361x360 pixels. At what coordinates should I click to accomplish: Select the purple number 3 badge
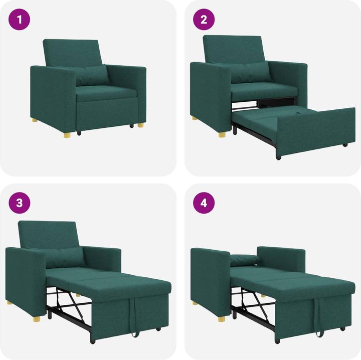click(20, 203)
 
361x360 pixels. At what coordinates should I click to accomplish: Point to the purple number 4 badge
click(204, 203)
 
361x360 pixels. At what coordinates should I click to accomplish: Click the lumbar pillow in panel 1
click(92, 75)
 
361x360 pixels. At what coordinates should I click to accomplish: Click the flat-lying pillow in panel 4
click(244, 260)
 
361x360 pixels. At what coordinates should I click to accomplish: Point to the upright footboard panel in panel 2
click(315, 130)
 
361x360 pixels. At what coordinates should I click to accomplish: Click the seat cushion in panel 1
click(106, 92)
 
